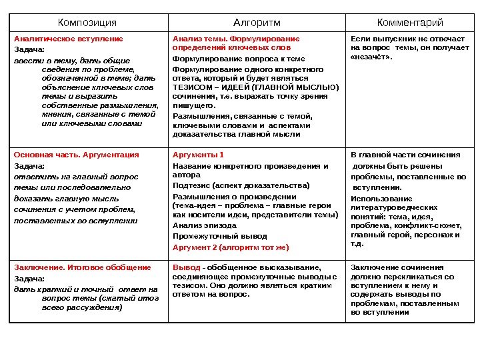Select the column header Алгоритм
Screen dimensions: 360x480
(257, 23)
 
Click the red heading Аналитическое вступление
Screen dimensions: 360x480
(69, 39)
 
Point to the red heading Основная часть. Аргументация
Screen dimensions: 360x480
(77, 155)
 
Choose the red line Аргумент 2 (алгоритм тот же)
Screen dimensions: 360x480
(231, 247)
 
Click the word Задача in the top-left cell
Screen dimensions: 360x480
(29, 49)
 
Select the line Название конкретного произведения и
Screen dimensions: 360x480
(251, 166)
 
